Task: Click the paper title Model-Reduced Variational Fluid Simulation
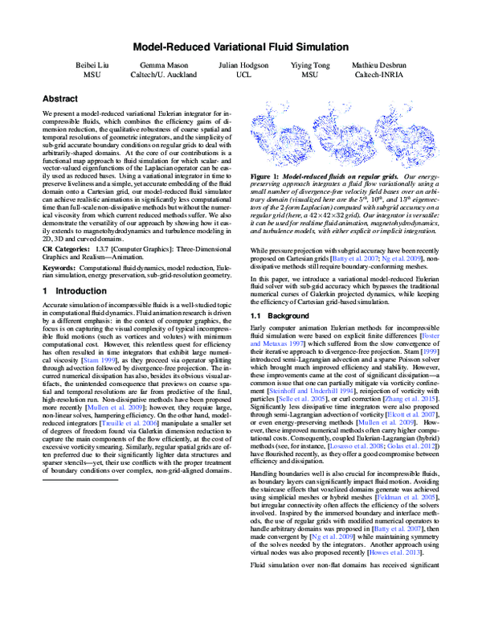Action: [x=240, y=47]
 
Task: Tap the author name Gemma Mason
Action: [x=163, y=69]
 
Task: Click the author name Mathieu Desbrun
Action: [x=382, y=69]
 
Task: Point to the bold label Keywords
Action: [x=60, y=266]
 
